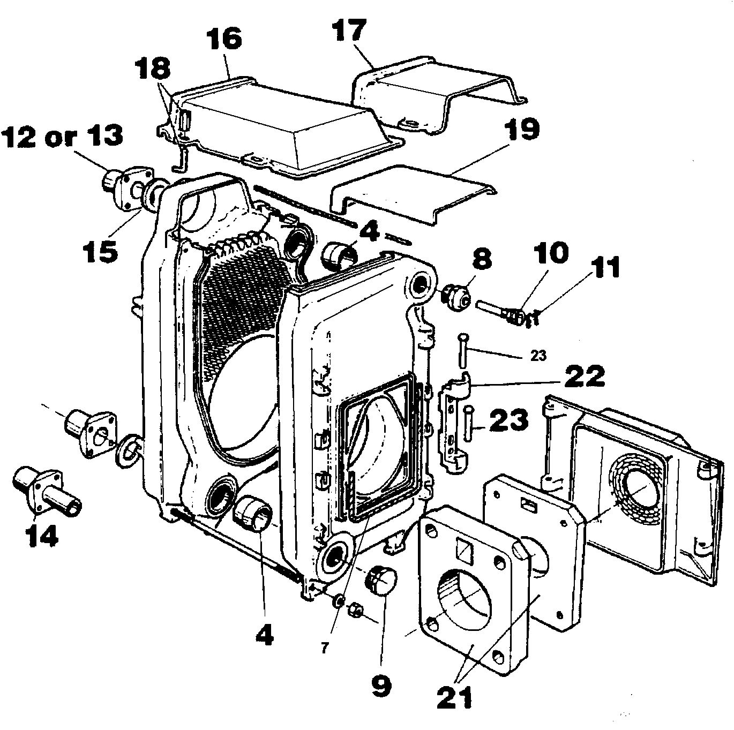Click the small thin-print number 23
538,356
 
